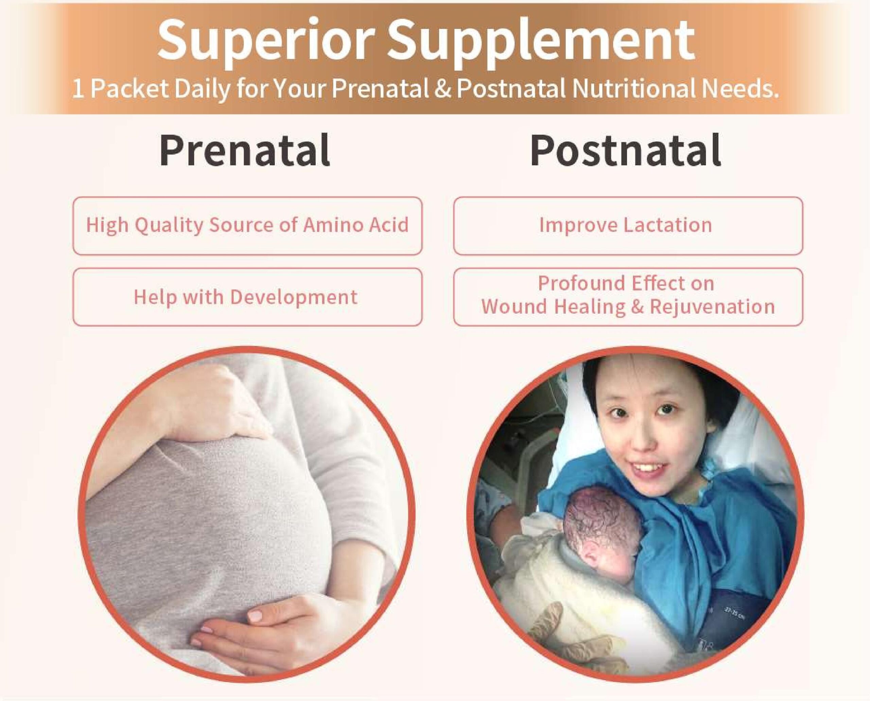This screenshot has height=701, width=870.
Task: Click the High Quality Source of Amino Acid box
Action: [x=247, y=226]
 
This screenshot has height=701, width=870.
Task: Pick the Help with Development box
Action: [x=247, y=297]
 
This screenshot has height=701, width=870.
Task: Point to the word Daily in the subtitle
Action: [x=203, y=90]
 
